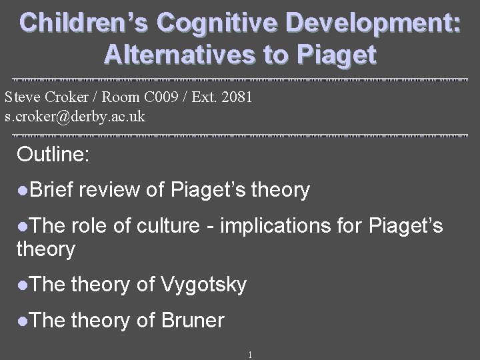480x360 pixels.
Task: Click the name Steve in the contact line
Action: (x=21, y=97)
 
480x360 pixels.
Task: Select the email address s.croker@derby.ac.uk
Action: (x=74, y=116)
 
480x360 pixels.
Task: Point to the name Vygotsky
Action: (x=204, y=285)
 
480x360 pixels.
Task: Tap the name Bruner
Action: (x=193, y=321)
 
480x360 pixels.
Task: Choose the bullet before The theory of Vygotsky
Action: (x=24, y=286)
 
